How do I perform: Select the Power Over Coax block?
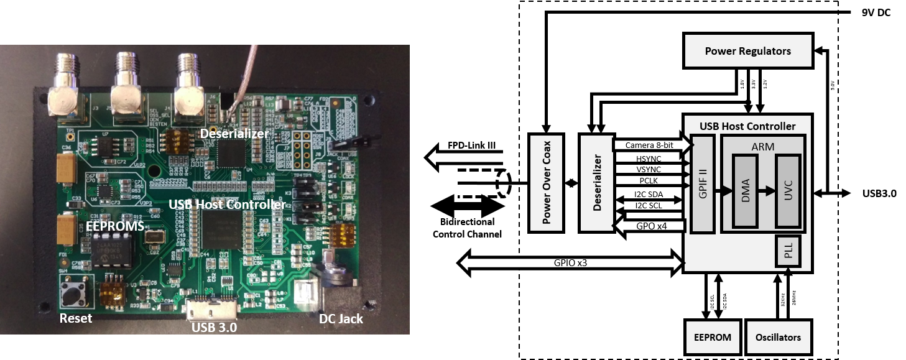(x=545, y=183)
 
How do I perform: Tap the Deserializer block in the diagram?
(x=596, y=183)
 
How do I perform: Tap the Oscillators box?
(x=779, y=337)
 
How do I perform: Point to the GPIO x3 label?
(x=570, y=263)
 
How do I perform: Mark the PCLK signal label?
(x=648, y=181)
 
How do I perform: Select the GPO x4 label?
(x=651, y=226)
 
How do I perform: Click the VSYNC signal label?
(x=648, y=169)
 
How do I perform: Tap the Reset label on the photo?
(x=75, y=319)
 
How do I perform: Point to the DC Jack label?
(x=341, y=319)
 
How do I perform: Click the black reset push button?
(x=76, y=291)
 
